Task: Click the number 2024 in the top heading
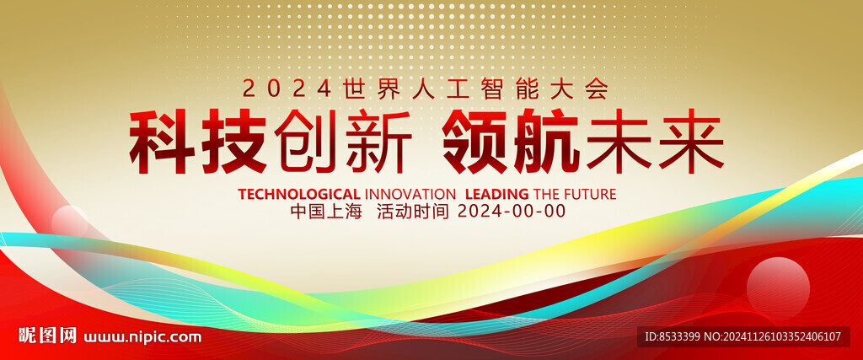click(x=287, y=89)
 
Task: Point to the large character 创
click(x=306, y=142)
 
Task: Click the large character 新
click(x=378, y=142)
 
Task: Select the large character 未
click(x=619, y=142)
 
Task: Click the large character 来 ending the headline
click(x=691, y=142)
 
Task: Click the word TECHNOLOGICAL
click(x=299, y=194)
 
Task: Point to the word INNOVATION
click(x=410, y=194)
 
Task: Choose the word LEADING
click(x=496, y=194)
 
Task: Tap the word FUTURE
click(x=590, y=194)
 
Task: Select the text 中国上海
click(x=326, y=212)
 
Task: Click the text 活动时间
click(x=413, y=212)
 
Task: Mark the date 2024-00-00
click(x=512, y=212)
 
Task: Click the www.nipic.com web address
click(x=142, y=336)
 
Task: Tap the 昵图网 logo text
click(x=47, y=336)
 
